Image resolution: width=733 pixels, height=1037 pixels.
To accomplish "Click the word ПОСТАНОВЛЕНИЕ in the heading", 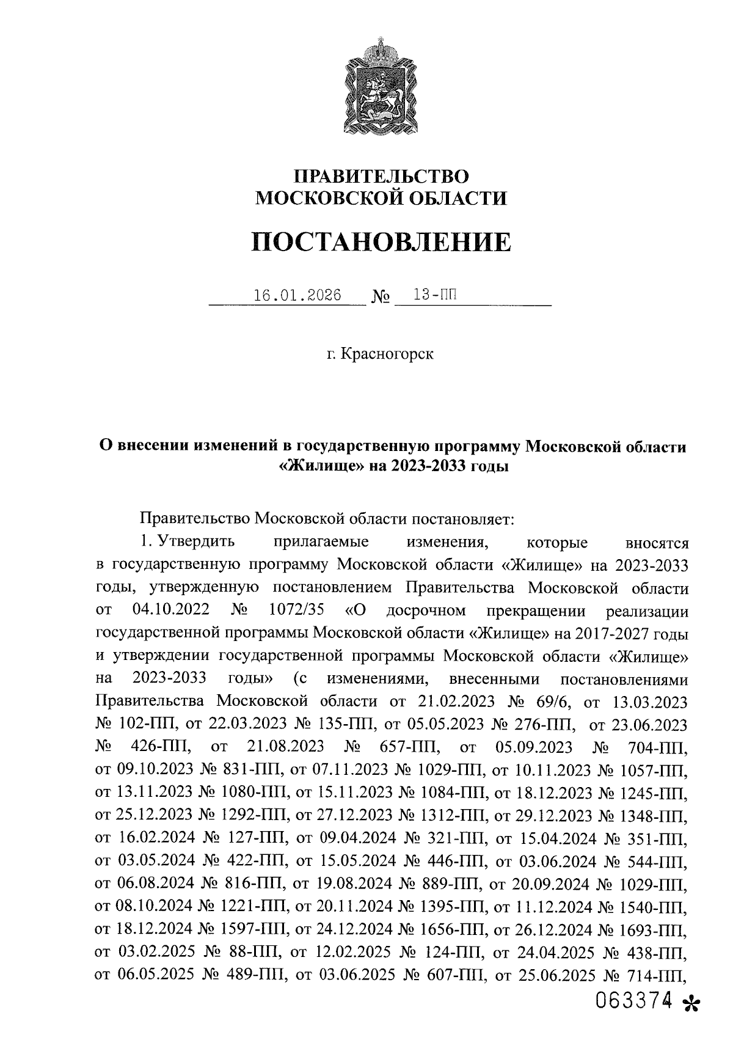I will [381, 242].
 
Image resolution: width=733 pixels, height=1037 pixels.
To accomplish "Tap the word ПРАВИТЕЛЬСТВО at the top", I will [381, 177].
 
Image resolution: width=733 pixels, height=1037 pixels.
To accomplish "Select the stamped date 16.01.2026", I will [297, 295].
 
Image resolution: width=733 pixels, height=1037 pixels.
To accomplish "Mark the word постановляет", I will [462, 519].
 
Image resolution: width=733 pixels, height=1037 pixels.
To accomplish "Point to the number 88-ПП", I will [252, 953].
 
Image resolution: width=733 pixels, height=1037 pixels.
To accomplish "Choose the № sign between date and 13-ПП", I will [381, 298].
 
